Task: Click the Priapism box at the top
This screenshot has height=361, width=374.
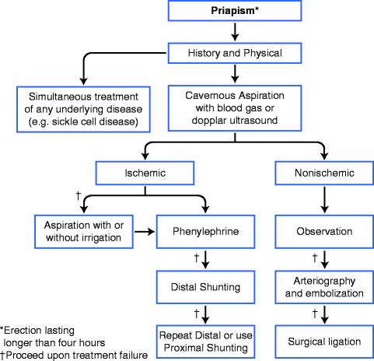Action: [x=233, y=12]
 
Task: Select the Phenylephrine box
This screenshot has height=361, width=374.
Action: [x=206, y=231]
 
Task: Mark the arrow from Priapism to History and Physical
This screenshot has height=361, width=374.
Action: [x=233, y=31]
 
